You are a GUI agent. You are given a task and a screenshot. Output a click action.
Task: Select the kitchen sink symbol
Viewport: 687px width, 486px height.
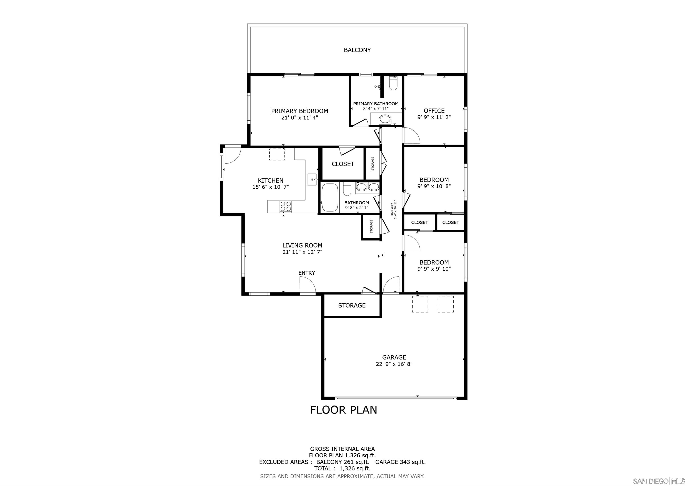click(x=312, y=179)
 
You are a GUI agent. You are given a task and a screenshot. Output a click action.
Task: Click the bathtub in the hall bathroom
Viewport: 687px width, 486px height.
click(x=330, y=198)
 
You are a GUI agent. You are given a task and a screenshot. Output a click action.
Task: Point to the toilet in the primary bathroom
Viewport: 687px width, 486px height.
click(x=393, y=83)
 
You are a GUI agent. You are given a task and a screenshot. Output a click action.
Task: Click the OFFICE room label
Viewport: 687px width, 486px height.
click(x=434, y=111)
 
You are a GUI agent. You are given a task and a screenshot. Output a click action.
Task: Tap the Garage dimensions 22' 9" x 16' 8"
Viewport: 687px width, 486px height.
click(x=394, y=364)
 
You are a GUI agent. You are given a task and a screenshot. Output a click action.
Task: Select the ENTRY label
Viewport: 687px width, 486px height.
click(x=306, y=273)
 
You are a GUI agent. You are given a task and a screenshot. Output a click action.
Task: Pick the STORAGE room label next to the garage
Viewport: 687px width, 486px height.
click(x=352, y=305)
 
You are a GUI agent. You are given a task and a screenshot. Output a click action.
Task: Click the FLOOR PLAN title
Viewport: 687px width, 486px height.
click(x=343, y=410)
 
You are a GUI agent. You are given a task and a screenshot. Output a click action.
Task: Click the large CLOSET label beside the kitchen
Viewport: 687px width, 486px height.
click(x=343, y=164)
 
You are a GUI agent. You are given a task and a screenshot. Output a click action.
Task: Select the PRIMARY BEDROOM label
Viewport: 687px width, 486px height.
click(x=299, y=111)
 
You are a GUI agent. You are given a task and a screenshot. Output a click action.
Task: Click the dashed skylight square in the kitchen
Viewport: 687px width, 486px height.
click(x=277, y=155)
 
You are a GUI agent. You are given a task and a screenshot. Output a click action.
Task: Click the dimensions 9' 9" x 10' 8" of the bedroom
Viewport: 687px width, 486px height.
click(x=434, y=186)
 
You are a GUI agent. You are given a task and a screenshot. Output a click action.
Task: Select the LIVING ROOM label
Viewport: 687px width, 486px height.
click(x=302, y=245)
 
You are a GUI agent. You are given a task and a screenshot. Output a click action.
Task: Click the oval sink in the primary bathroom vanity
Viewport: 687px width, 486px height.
click(x=385, y=120)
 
